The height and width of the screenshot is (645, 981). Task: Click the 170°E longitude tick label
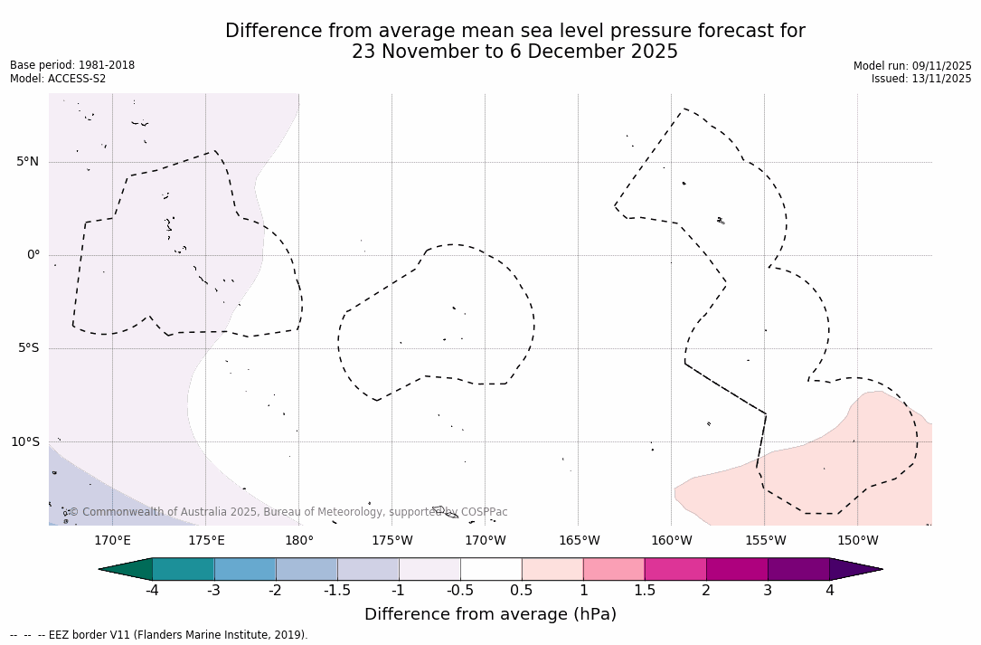point(112,541)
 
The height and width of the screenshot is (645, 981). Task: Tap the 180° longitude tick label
point(298,541)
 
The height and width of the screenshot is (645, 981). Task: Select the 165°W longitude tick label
point(579,541)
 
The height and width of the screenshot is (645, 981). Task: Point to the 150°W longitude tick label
point(857,541)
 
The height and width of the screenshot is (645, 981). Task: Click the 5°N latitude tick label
point(27,162)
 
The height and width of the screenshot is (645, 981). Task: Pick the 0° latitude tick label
point(33,255)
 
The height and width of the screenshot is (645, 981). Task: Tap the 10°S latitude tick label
point(24,442)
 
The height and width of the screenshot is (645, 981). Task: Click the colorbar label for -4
point(153,591)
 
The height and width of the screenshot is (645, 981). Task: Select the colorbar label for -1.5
point(337,591)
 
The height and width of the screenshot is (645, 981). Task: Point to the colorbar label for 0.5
point(522,591)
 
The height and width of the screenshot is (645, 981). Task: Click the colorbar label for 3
point(768,591)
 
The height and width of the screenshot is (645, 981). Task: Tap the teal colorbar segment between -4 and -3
point(184,569)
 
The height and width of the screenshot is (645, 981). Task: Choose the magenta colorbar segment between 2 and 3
point(737,569)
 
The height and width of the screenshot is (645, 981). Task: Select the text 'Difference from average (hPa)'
point(490,615)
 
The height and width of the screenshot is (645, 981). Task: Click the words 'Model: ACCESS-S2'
point(58,79)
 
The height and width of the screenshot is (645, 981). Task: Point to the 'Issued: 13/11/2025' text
point(921,79)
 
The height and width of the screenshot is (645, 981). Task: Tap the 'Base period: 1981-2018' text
point(72,65)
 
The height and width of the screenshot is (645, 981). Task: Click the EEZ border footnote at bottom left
point(158,635)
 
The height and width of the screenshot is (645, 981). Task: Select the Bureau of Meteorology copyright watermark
point(288,512)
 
